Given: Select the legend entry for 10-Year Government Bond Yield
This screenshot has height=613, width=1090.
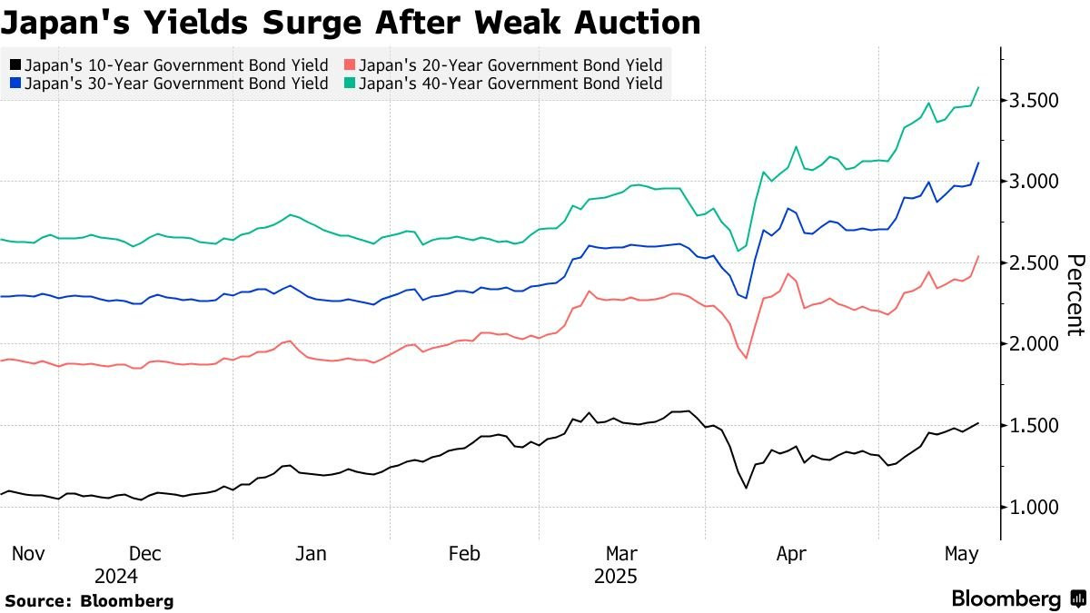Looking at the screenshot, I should click(x=169, y=65).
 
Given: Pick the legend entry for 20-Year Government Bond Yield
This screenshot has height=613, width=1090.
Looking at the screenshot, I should click(x=503, y=65).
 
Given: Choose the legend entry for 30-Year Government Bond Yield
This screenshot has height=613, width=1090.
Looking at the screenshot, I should click(x=169, y=84).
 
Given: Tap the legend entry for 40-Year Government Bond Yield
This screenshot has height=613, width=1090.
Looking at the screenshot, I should click(x=503, y=84).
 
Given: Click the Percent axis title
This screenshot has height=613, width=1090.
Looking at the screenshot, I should click(x=1075, y=295).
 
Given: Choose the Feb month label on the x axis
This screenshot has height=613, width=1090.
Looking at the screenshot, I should click(x=465, y=553).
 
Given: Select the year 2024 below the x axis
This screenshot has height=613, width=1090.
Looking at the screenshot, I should click(x=116, y=576).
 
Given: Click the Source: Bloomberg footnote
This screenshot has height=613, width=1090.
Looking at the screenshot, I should click(x=89, y=600).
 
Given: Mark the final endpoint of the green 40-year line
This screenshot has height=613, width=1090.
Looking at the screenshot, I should click(x=978, y=88).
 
